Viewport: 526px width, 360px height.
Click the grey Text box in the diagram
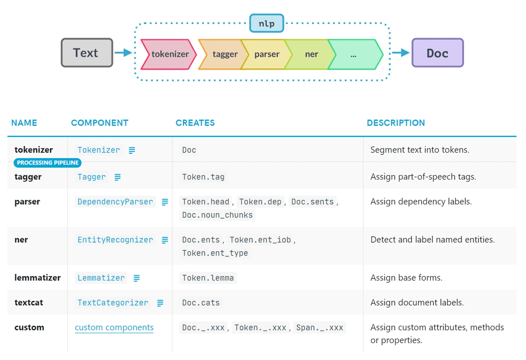pyautogui.click(x=87, y=53)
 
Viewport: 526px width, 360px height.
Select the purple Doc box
pyautogui.click(x=438, y=53)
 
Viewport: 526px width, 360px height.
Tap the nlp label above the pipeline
pyautogui.click(x=266, y=23)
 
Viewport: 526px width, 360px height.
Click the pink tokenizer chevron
pyautogui.click(x=169, y=54)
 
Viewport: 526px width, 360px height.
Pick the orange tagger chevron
pyautogui.click(x=224, y=54)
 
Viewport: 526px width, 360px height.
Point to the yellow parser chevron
pyautogui.click(x=267, y=54)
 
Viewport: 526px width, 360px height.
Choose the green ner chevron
pyautogui.click(x=311, y=54)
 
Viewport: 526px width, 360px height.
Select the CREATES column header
pyautogui.click(x=195, y=123)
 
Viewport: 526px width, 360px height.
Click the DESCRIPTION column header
pyautogui.click(x=396, y=123)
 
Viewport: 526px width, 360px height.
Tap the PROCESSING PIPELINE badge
pyautogui.click(x=48, y=163)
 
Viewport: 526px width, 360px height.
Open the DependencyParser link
pyautogui.click(x=115, y=202)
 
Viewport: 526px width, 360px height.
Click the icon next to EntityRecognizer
pyautogui.click(x=165, y=240)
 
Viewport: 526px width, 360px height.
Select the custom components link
pyautogui.click(x=114, y=327)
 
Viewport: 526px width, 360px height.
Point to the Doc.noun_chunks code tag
pyautogui.click(x=217, y=215)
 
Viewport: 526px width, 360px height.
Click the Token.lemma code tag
pyautogui.click(x=208, y=278)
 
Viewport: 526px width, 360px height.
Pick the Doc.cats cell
pyautogui.click(x=201, y=303)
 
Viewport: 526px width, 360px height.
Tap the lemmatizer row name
pyautogui.click(x=37, y=278)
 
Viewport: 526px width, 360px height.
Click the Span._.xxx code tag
pyautogui.click(x=319, y=327)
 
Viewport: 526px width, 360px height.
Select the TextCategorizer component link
pyautogui.click(x=113, y=303)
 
